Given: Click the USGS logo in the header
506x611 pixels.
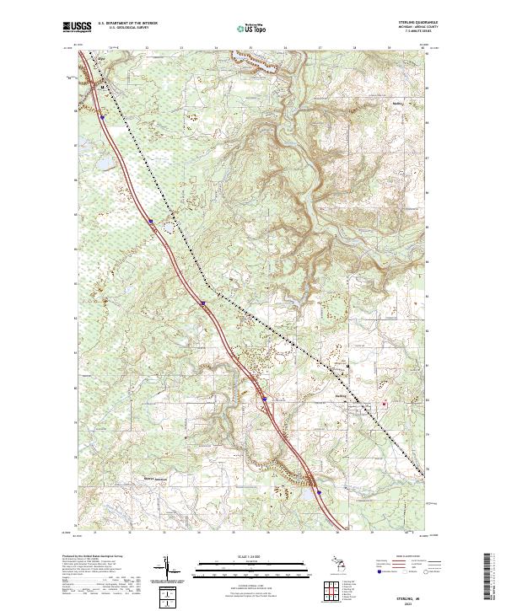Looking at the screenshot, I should pos(77,28).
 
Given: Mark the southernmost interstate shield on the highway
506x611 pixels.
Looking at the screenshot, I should pos(319,491).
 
